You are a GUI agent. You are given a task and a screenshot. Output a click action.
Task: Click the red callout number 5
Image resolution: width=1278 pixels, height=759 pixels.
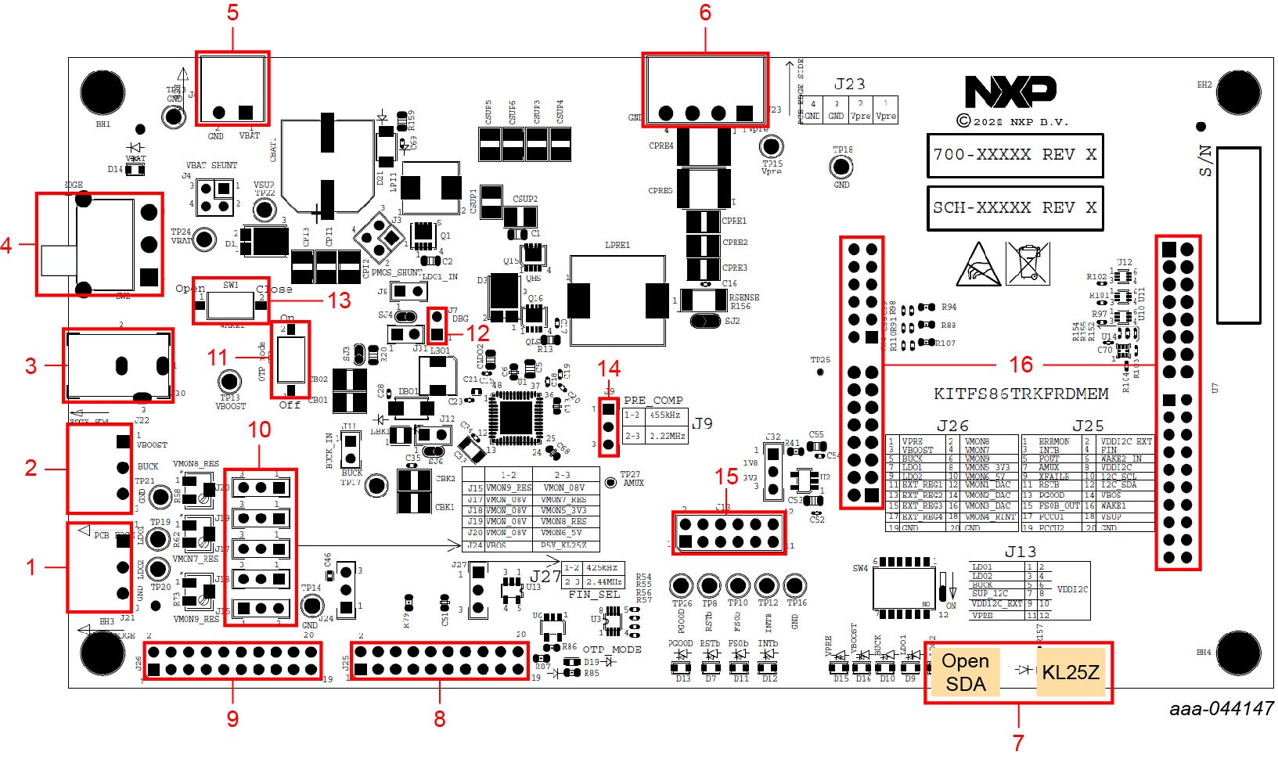(232, 13)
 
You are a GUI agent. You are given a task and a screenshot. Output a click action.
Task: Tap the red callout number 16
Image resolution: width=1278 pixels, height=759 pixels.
(1021, 365)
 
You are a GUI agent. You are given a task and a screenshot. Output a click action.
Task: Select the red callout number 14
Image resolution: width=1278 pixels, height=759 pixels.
(609, 369)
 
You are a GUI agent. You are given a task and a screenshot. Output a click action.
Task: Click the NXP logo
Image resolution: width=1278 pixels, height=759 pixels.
(1010, 92)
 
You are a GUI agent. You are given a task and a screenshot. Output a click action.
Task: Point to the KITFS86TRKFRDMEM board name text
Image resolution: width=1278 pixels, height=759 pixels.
(1021, 394)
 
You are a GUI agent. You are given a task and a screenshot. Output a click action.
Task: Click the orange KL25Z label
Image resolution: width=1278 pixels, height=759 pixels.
(1070, 672)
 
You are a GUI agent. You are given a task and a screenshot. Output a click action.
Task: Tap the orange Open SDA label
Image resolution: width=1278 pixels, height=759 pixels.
(965, 672)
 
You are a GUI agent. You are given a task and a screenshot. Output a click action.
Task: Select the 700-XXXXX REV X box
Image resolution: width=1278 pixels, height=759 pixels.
(1015, 155)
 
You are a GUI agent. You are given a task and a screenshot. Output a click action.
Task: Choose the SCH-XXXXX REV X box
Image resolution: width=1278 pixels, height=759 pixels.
(1015, 208)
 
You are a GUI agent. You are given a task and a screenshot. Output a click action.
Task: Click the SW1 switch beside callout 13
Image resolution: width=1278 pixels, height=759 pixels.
(231, 300)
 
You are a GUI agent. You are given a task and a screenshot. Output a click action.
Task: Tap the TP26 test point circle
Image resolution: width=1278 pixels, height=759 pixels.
(682, 585)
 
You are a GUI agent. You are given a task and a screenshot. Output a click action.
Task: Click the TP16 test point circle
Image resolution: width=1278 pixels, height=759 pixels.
(795, 585)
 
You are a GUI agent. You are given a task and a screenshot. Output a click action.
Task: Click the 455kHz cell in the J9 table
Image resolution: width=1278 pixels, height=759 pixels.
(664, 415)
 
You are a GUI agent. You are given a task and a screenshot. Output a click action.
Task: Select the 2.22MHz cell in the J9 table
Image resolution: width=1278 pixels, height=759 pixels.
(668, 436)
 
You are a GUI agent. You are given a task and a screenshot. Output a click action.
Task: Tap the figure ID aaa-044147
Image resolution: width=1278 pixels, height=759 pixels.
(1221, 709)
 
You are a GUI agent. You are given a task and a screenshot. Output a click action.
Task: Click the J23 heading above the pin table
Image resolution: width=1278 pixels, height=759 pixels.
(849, 84)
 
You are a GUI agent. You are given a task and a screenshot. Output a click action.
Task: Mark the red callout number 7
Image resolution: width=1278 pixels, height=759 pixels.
(1018, 740)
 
